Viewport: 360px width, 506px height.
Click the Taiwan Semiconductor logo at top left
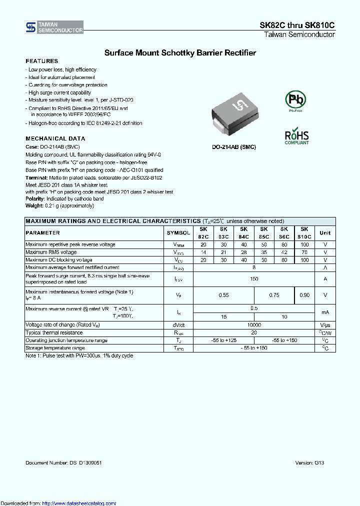tap(54, 27)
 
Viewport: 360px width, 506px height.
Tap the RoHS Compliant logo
tap(296, 136)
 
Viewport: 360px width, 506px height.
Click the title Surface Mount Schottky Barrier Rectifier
tap(180, 52)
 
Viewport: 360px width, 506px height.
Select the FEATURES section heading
tap(41, 61)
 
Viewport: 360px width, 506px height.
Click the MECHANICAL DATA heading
tap(55, 138)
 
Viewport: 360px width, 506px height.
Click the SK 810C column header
tap(304, 232)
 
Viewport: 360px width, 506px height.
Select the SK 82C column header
tap(203, 232)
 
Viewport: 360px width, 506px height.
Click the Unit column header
tap(325, 232)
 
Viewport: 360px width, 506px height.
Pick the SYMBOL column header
tap(178, 233)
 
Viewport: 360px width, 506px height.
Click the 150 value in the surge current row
tap(254, 279)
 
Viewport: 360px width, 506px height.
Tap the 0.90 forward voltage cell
tap(304, 295)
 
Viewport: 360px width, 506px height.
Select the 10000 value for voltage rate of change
tap(254, 325)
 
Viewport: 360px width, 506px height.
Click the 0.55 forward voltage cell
tap(223, 295)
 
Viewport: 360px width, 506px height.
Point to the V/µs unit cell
tap(325, 325)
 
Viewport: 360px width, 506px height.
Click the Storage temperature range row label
tap(55, 347)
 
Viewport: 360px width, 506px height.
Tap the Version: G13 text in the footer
tap(310, 463)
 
